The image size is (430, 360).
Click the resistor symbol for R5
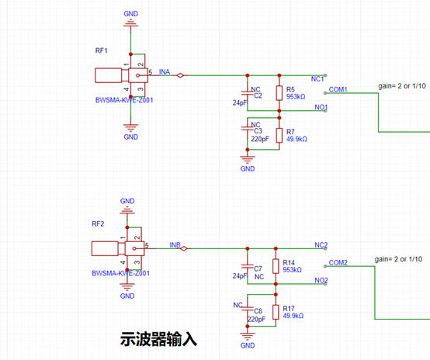[279, 93]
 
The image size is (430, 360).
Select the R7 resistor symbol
[279, 135]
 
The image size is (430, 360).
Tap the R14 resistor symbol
[276, 266]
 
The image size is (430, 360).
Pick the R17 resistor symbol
[276, 312]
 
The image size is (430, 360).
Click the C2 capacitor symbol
[248, 93]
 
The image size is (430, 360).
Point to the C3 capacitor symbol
[248, 128]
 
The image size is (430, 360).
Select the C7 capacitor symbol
[248, 266]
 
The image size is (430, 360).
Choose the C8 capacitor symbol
[248, 309]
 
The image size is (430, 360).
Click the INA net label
[165, 72]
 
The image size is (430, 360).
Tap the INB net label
[175, 245]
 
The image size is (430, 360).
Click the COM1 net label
[338, 89]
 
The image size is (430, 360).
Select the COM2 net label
[338, 263]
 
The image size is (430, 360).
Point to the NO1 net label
[321, 107]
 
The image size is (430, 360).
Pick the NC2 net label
[321, 245]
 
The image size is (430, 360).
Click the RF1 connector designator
[101, 50]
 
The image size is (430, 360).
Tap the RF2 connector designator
[98, 223]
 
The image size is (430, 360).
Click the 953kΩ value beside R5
[296, 96]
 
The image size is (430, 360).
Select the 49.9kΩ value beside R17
[293, 316]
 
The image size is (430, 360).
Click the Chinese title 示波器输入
[158, 339]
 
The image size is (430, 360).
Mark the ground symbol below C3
[248, 159]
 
